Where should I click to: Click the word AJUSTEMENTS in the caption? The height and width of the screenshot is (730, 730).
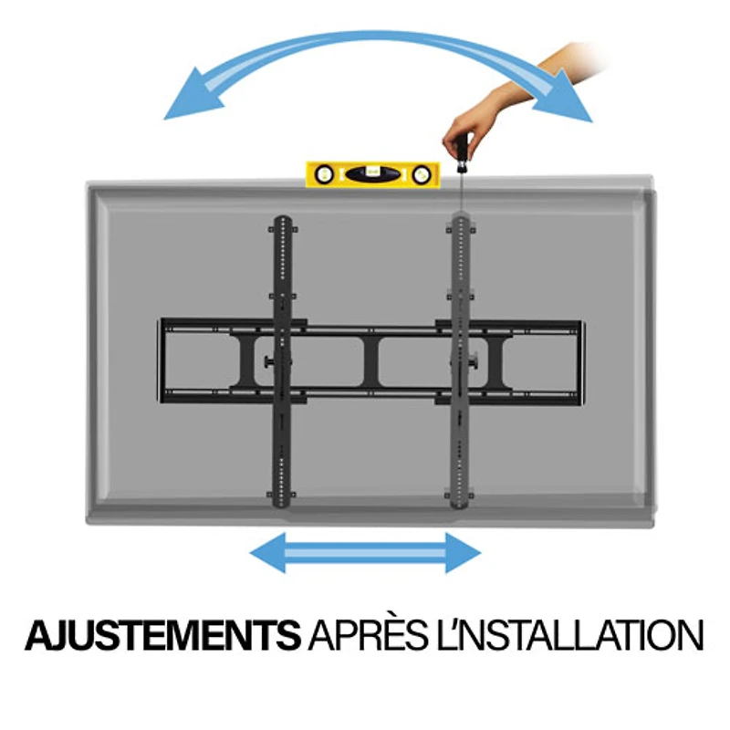click(x=163, y=635)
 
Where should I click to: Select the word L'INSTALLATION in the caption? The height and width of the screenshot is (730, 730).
click(x=569, y=635)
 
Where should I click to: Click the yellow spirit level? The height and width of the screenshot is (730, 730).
click(x=372, y=174)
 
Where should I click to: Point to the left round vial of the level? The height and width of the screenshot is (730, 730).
click(x=324, y=174)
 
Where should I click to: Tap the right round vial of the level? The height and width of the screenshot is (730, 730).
click(x=422, y=174)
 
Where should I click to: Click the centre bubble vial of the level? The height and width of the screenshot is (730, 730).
click(x=372, y=174)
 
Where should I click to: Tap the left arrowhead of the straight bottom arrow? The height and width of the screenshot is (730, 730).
click(x=267, y=553)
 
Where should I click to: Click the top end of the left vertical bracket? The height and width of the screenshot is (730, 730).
click(x=283, y=220)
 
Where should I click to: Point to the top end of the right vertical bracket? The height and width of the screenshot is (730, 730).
click(x=461, y=218)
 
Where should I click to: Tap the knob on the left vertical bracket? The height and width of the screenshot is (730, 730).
click(x=269, y=361)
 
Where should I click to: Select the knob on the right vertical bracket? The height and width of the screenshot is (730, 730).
click(x=474, y=360)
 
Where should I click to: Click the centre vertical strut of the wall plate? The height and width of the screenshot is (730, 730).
click(x=371, y=360)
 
